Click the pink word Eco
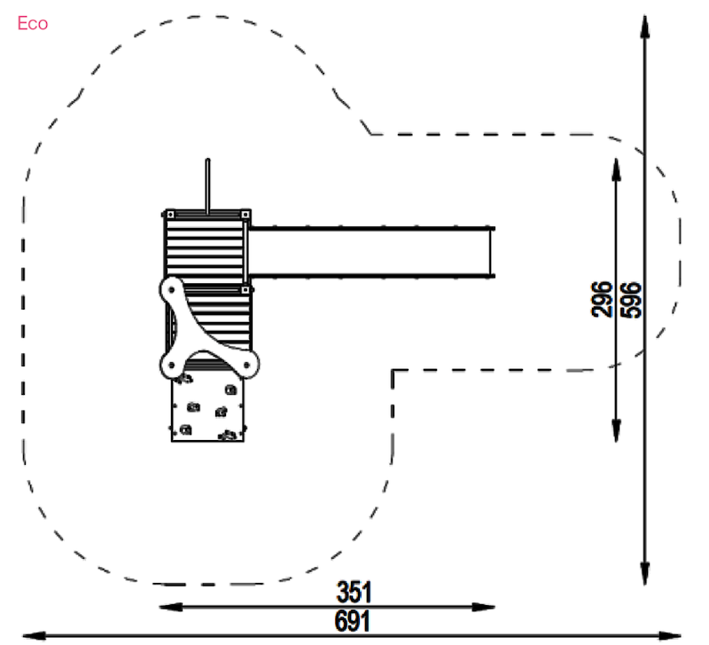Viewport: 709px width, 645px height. tap(33, 24)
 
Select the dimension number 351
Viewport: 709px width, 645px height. tap(354, 592)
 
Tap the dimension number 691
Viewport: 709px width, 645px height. tap(352, 621)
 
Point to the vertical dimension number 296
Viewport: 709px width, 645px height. tap(602, 299)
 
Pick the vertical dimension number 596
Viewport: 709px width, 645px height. tap(631, 300)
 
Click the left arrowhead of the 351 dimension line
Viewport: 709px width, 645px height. tap(171, 607)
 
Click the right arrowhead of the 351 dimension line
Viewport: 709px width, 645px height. tap(484, 607)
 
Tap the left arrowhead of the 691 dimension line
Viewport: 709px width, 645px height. tap(34, 636)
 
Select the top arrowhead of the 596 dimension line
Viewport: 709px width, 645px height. tap(645, 28)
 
